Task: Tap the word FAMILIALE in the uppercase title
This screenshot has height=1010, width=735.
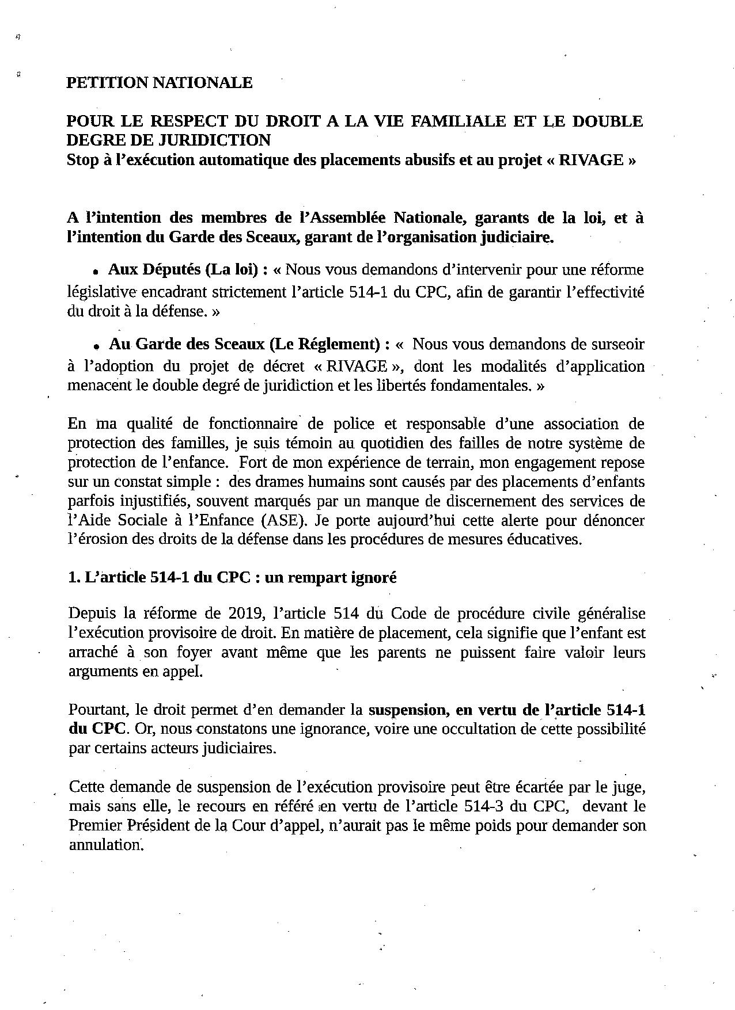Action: click(x=448, y=121)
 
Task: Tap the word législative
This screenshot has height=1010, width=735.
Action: click(x=101, y=292)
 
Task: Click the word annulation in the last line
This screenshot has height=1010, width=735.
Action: click(x=104, y=845)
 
